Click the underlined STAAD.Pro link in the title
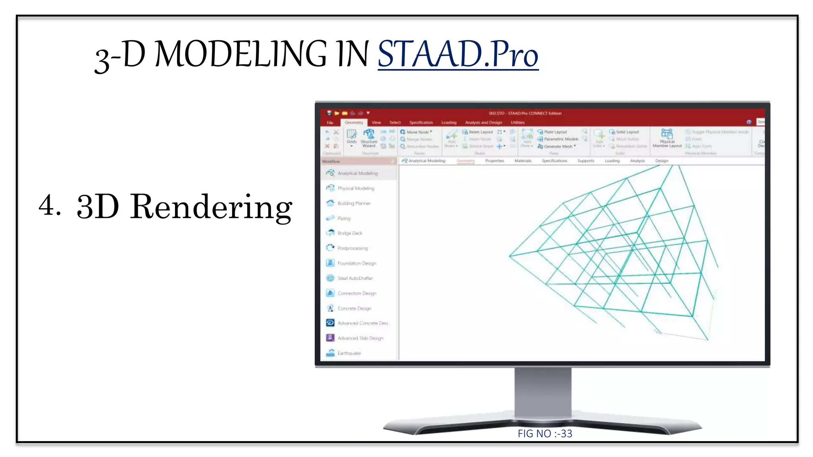coord(458,54)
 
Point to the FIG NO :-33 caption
coord(545,434)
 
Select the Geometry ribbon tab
coord(353,123)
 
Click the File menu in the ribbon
coord(329,123)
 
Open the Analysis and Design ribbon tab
coord(483,123)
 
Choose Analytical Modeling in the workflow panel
coord(357,173)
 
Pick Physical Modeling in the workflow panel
coord(356,188)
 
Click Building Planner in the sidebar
coord(354,204)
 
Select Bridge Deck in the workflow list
coord(350,233)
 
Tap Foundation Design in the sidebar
coord(356,263)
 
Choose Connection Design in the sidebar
coord(356,294)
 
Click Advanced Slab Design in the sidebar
coord(360,338)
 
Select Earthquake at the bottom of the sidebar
coord(349,353)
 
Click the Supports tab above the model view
coord(586,161)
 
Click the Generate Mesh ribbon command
coord(557,146)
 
